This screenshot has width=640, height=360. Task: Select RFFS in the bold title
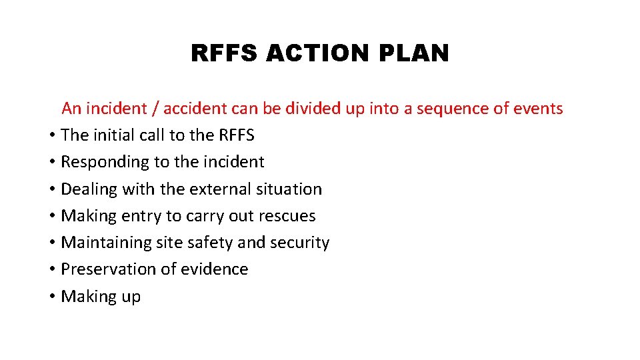pyautogui.click(x=224, y=53)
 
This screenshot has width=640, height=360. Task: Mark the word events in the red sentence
pyautogui.click(x=538, y=109)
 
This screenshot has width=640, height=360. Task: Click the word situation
pyautogui.click(x=289, y=189)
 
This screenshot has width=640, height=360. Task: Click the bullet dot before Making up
pyautogui.click(x=52, y=297)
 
